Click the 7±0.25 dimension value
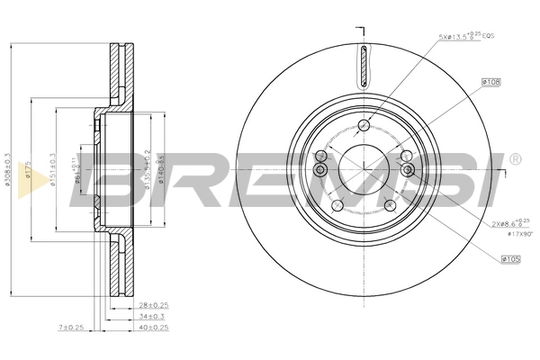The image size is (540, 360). coord(71,328)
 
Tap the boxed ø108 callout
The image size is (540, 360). coord(491,82)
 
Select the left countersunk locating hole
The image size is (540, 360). coord(319,170)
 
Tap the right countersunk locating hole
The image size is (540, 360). coord(407,170)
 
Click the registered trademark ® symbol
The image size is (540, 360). coord(515,159)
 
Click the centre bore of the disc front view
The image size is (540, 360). coord(363,168)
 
